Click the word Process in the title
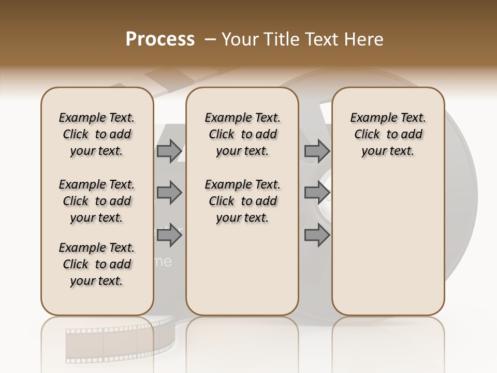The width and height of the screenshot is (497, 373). coord(160,39)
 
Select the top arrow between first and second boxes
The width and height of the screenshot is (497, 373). coord(169,151)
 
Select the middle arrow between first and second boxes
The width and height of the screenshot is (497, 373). coord(169,193)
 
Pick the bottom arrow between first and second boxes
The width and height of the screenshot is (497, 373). coord(169,236)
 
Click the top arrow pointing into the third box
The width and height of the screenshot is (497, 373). coord(317,151)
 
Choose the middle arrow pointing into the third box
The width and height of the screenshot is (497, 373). coord(317,193)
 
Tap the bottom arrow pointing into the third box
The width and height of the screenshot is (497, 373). coord(317,236)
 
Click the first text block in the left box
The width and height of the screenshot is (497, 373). coord(97,134)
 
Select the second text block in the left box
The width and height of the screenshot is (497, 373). coord(97,201)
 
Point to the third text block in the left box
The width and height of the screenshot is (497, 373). coord(97,264)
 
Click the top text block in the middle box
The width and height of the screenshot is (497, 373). coord(242,134)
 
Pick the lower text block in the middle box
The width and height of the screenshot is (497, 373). coord(242,201)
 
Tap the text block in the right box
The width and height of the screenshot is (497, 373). coord(388,134)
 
